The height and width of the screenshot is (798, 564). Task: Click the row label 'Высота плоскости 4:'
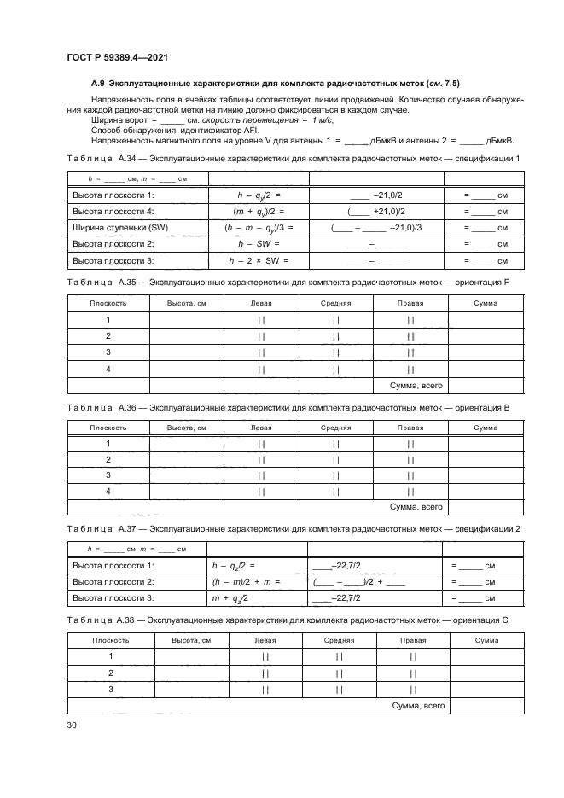coord(113,211)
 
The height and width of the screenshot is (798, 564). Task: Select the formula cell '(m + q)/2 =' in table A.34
coord(258,211)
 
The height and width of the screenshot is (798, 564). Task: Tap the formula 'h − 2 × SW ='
coord(258,260)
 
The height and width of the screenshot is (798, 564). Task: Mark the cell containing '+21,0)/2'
coord(375,211)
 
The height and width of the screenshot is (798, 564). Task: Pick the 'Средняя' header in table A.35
coord(335,303)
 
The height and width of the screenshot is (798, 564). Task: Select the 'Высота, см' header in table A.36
coord(186,427)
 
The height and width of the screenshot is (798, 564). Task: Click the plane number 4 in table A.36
coord(108,491)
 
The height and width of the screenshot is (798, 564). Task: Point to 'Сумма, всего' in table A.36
coord(416,507)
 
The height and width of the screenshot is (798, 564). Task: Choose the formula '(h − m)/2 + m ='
coord(245,581)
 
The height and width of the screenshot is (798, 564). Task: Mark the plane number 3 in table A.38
coord(110,689)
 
